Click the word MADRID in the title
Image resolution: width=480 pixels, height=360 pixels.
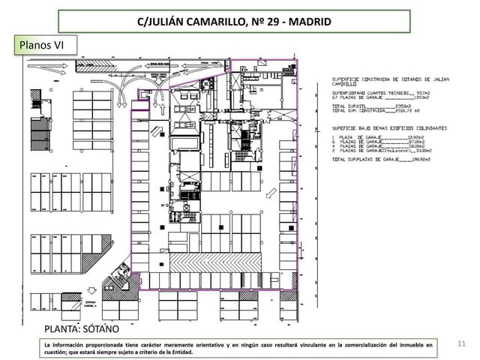(x=306, y=22)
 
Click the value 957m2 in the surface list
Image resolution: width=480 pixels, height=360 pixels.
(x=417, y=92)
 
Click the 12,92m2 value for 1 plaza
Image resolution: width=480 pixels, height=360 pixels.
(x=414, y=137)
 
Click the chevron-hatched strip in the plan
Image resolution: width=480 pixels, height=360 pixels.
(x=216, y=262)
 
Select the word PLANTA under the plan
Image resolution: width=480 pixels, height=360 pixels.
(x=62, y=328)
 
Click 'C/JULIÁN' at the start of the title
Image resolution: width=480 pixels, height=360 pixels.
(x=160, y=22)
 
